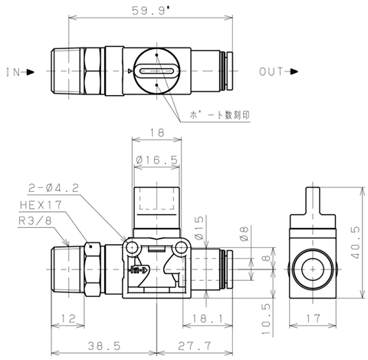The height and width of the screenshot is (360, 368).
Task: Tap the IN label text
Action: [13, 72]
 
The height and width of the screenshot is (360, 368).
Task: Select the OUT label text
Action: [271, 71]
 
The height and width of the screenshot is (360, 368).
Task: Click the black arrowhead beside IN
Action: [30, 72]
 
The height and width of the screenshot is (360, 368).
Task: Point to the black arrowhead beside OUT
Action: [294, 71]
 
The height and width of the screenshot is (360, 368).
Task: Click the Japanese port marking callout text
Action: [219, 115]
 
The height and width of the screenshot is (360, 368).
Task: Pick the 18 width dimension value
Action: [156, 133]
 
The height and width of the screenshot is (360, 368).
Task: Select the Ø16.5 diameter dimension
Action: [156, 160]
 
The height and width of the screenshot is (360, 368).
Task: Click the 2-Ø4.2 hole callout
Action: [54, 188]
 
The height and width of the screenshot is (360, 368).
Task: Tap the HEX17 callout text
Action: [41, 205]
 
